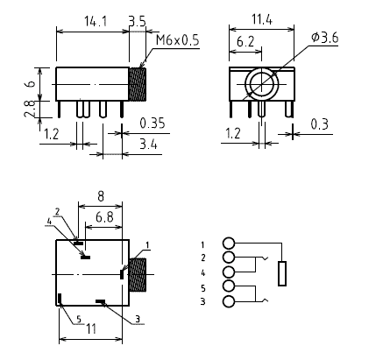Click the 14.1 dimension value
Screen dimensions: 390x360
click(x=96, y=22)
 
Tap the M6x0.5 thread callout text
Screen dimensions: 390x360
click(x=177, y=40)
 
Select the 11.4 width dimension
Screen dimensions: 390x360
click(x=262, y=19)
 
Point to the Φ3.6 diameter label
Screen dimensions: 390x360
click(x=325, y=38)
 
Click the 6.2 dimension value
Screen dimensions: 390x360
click(x=245, y=42)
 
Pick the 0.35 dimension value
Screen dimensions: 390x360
click(x=152, y=124)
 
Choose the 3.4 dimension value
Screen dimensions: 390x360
click(x=148, y=145)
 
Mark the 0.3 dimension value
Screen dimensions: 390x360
click(x=319, y=124)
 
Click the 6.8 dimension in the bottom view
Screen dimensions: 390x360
click(x=104, y=217)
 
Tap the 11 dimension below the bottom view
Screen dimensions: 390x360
click(x=91, y=329)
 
